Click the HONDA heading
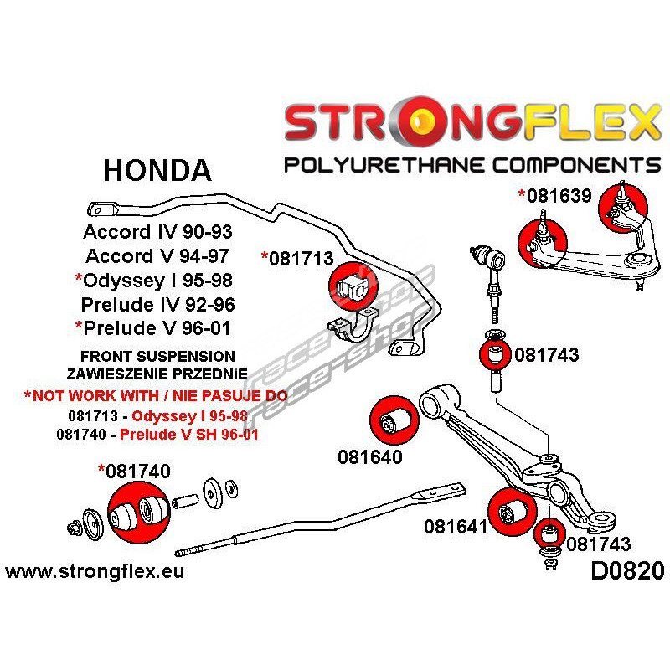tap(157, 170)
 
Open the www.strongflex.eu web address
tap(95, 573)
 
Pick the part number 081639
tap(559, 197)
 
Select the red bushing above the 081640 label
tap(393, 417)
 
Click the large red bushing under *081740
tap(137, 510)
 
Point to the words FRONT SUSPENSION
tap(157, 356)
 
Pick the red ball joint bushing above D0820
tap(549, 533)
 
